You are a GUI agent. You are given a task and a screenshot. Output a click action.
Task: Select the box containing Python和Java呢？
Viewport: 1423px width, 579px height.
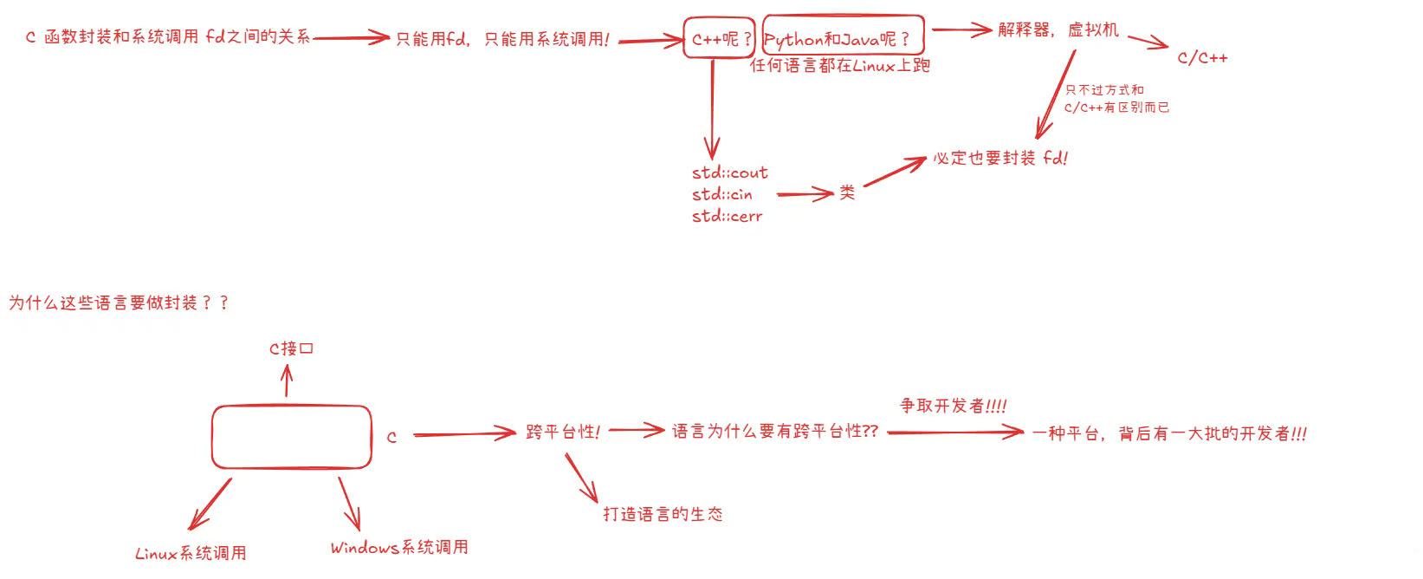843,37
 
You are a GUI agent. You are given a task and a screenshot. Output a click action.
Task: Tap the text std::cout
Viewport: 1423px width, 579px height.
730,172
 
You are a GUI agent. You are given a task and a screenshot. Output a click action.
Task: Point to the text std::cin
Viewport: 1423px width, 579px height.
722,194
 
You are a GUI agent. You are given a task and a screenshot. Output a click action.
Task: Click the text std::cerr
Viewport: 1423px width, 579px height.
728,216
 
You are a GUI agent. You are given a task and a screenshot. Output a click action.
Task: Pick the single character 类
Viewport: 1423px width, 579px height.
847,192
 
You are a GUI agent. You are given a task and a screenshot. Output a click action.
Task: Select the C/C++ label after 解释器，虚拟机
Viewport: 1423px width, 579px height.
1202,58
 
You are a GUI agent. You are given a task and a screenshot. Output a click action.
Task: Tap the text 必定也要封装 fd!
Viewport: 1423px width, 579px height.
1000,159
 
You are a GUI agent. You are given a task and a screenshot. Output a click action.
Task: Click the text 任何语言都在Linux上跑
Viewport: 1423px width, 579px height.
839,66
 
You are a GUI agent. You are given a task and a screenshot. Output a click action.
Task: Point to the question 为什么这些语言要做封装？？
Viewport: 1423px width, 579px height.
119,303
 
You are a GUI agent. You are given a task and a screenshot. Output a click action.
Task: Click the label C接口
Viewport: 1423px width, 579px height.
291,348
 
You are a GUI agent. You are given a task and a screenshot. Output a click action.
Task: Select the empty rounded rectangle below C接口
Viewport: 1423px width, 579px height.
292,437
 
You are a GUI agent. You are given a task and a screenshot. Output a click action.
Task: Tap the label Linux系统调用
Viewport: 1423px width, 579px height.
191,553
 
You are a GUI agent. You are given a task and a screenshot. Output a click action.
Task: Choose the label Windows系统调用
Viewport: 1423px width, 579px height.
399,548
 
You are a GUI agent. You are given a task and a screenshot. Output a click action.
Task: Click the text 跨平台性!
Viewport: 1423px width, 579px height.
563,432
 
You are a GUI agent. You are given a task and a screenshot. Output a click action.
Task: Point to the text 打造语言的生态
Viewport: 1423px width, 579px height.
663,514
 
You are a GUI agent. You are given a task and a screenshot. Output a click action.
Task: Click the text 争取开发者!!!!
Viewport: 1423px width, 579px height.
953,406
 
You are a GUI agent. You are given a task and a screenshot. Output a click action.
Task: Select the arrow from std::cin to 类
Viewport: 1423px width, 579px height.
805,194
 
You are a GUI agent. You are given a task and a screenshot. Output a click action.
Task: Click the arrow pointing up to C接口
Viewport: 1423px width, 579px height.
288,381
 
